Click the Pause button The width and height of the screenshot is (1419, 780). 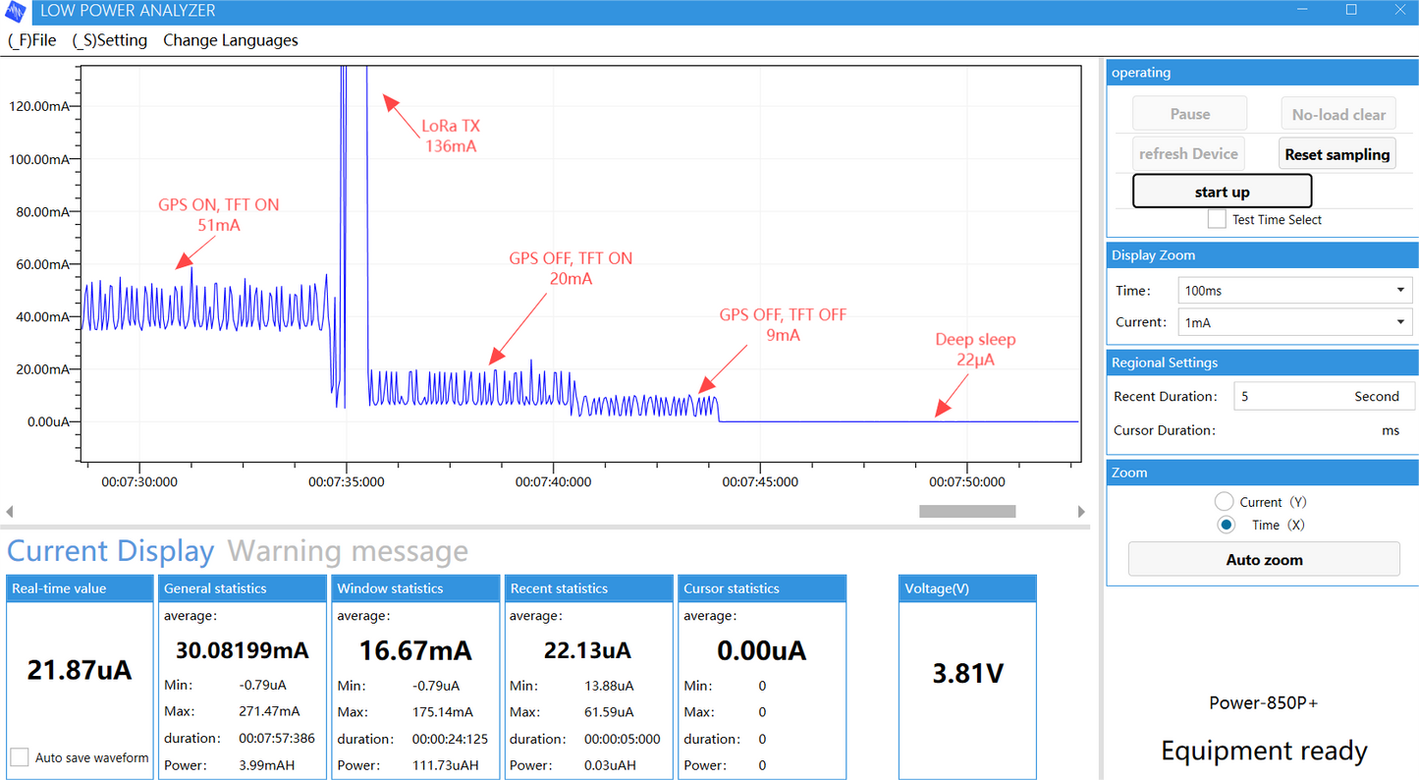(1189, 114)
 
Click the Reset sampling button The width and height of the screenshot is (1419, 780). (1337, 154)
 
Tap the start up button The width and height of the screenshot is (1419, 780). (1222, 192)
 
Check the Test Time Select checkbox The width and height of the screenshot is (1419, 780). (1217, 219)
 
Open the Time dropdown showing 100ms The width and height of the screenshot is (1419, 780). (1293, 291)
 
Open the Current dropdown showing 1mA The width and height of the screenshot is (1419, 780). (1293, 322)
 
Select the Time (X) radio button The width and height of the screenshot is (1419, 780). (1226, 525)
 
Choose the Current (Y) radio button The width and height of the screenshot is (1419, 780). (1224, 502)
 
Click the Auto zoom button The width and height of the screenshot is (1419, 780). (1264, 560)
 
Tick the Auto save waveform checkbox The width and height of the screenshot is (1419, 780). (20, 757)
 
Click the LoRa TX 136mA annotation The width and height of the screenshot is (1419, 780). (451, 137)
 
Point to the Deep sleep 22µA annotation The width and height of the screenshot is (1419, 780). (975, 350)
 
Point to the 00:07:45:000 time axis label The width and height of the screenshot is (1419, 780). (760, 482)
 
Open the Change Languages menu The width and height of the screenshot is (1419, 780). (231, 40)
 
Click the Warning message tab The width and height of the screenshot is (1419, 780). (348, 551)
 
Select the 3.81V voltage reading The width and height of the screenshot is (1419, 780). (967, 674)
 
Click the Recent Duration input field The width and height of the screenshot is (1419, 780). (1323, 397)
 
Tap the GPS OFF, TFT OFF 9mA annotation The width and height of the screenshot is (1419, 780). (783, 325)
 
